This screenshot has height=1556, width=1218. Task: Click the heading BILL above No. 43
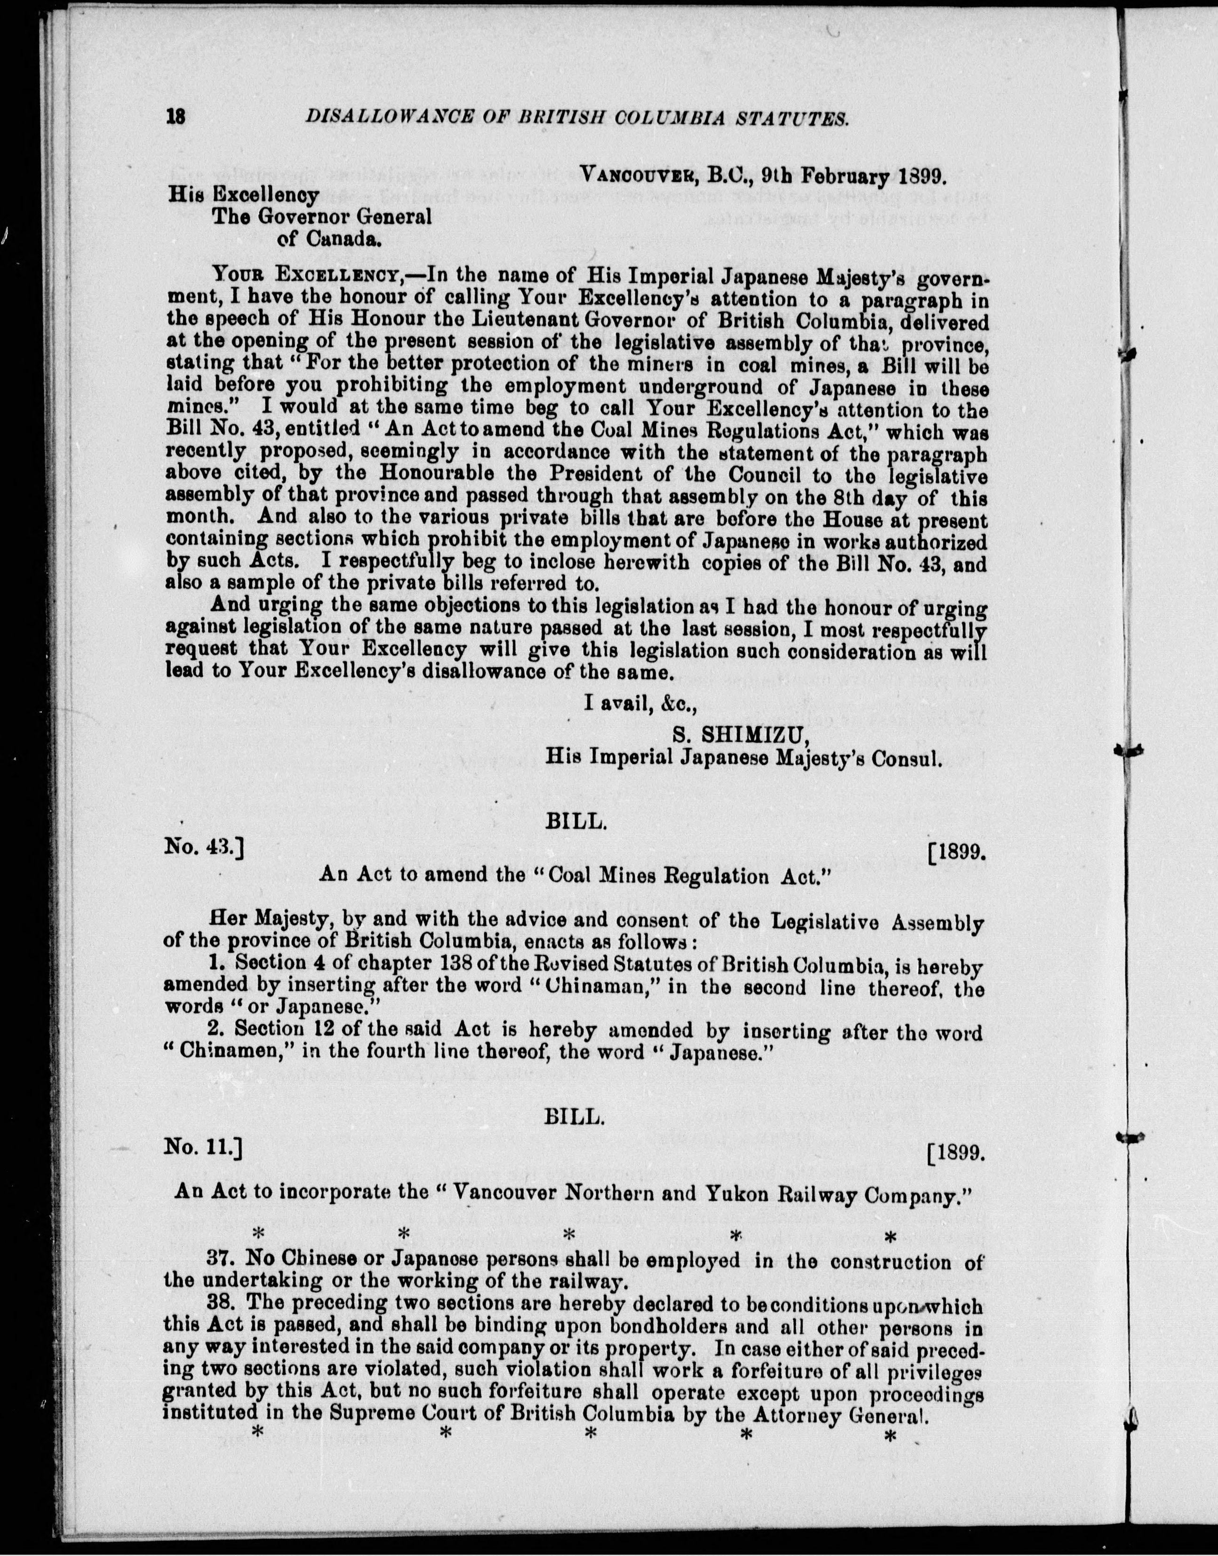point(576,823)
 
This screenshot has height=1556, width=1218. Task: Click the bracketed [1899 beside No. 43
point(956,852)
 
